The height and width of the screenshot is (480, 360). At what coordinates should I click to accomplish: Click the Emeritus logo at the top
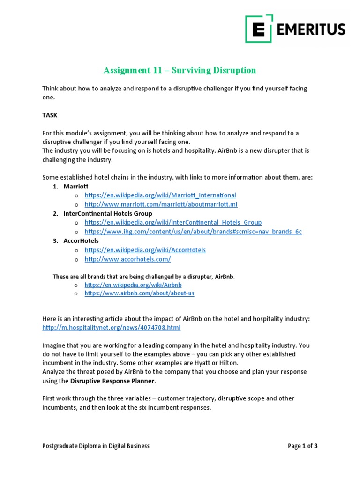click(295, 29)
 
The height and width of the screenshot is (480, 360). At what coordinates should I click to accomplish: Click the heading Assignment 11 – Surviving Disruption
click(180, 70)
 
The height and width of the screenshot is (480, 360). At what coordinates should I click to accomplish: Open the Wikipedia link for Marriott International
click(160, 195)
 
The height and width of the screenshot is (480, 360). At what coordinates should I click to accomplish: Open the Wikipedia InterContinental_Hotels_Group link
click(173, 222)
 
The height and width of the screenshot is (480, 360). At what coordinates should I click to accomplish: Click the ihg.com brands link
click(193, 232)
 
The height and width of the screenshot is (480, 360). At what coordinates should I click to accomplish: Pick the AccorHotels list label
click(81, 240)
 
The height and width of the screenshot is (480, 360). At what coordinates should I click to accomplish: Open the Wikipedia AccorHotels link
click(145, 250)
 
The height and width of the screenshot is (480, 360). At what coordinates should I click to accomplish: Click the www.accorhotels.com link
click(127, 259)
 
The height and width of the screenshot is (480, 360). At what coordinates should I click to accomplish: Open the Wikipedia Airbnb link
click(133, 285)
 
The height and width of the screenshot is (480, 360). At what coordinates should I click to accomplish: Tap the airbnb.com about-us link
click(139, 293)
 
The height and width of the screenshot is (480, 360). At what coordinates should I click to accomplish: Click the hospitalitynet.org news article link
click(111, 328)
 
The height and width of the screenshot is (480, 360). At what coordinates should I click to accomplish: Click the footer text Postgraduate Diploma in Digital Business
click(96, 446)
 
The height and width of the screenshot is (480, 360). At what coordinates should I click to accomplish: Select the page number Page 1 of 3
click(302, 446)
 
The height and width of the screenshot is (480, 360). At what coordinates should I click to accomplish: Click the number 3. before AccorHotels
click(55, 240)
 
